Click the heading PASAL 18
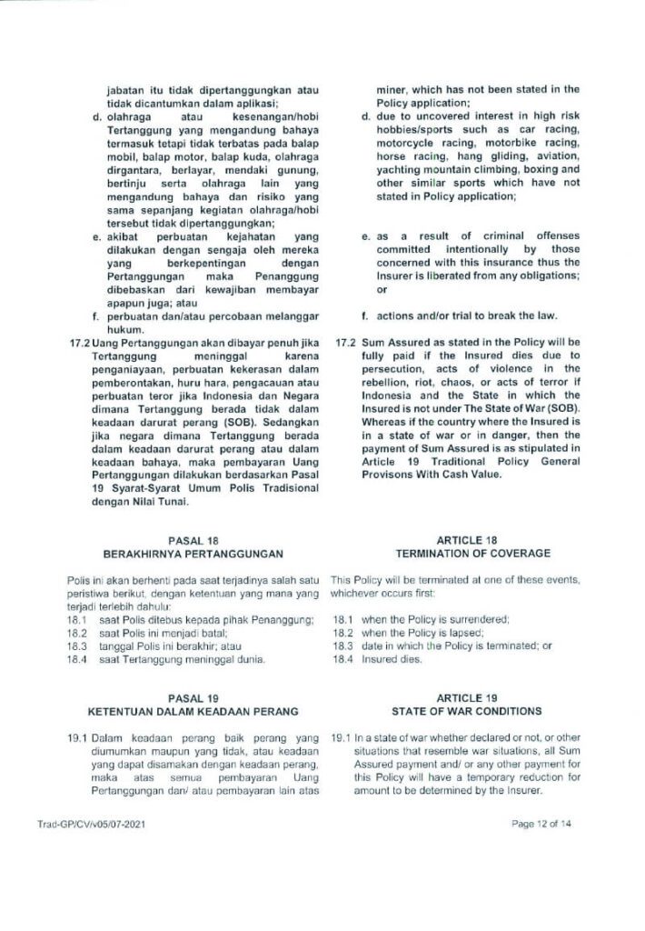[x=183, y=539]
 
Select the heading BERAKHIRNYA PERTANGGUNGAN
[x=183, y=552]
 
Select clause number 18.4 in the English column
[x=342, y=659]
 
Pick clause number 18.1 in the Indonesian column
[x=77, y=619]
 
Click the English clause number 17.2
[x=343, y=343]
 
